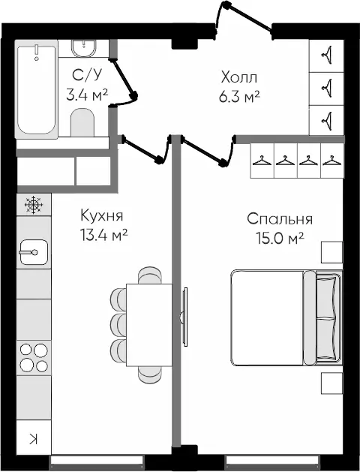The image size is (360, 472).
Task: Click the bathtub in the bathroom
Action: (37, 89)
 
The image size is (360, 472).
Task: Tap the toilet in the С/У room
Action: (81, 122)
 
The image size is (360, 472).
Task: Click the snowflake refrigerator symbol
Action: (32, 203)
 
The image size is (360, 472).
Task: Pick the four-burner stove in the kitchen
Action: (32, 356)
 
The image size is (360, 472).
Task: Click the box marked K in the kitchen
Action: (32, 440)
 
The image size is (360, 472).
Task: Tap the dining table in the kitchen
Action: (149, 324)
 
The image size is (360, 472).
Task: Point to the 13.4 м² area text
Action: (103, 235)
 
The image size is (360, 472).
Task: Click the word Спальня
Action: (279, 220)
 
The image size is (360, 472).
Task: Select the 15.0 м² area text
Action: (279, 239)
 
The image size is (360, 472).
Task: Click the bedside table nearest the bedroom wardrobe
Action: (331, 252)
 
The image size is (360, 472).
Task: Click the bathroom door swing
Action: (125, 78)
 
